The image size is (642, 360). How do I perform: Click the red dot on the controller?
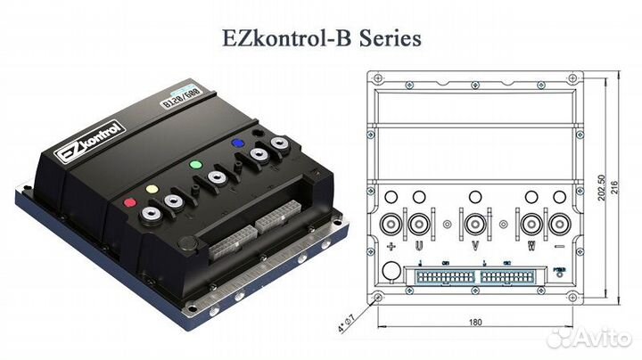130,202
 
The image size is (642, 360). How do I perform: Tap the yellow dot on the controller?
149,189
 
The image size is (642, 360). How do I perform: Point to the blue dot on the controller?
238,143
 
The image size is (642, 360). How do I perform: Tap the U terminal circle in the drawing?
417,219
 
